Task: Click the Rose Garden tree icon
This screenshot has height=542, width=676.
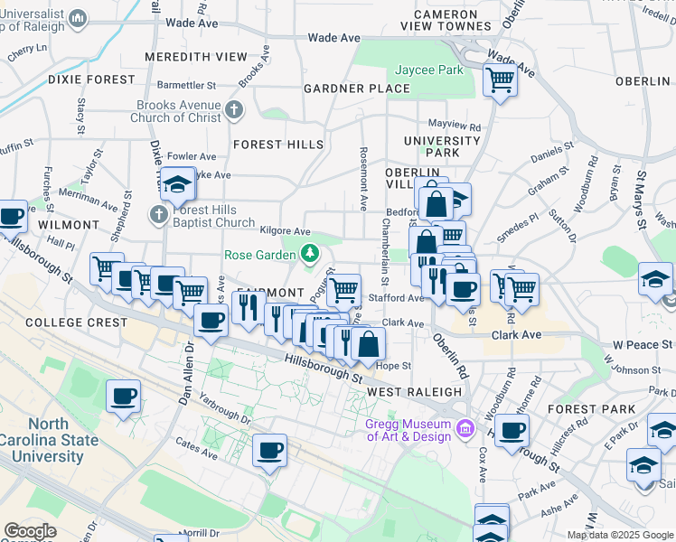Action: (x=310, y=253)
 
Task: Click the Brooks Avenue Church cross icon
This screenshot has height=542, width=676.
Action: (x=234, y=111)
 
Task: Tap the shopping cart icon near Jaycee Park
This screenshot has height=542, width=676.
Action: (x=500, y=79)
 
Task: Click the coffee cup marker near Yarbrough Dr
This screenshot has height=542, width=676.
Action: (x=124, y=396)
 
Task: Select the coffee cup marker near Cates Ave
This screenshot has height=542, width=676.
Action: (x=269, y=450)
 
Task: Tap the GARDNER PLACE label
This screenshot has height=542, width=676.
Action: (x=356, y=89)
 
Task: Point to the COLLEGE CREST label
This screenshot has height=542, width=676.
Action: (x=66, y=322)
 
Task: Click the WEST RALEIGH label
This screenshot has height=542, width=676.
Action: (x=415, y=392)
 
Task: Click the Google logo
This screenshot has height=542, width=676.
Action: (x=30, y=531)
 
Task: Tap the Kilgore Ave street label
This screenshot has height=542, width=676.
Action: (x=285, y=232)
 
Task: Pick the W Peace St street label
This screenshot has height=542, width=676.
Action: (x=643, y=345)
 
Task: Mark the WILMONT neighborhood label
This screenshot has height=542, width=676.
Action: (x=68, y=224)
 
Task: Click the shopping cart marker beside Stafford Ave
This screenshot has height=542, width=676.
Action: (x=343, y=291)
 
